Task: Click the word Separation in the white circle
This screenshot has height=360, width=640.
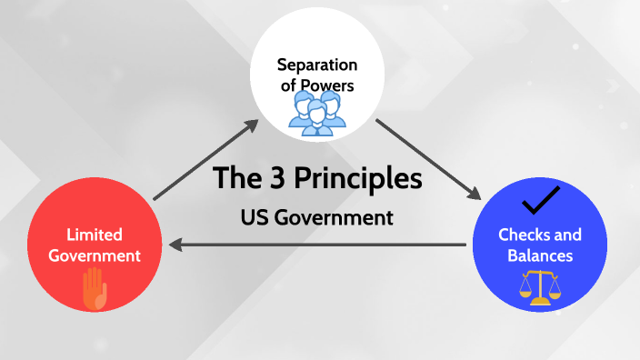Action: pos(317,65)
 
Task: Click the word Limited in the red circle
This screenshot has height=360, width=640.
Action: pos(95,235)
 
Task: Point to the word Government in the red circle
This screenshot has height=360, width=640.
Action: pos(95,255)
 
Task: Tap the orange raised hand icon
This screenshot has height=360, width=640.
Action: pos(95,290)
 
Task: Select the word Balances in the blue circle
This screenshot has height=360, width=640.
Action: pos(540,255)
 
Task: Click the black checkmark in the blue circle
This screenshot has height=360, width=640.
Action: pos(539,198)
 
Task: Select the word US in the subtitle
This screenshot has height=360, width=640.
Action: pos(255,218)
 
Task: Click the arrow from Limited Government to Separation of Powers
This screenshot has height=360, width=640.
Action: pos(205,161)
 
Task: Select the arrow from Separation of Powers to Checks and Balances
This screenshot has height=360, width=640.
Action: pos(427,160)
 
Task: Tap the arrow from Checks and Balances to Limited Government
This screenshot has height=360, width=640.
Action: pos(318,244)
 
